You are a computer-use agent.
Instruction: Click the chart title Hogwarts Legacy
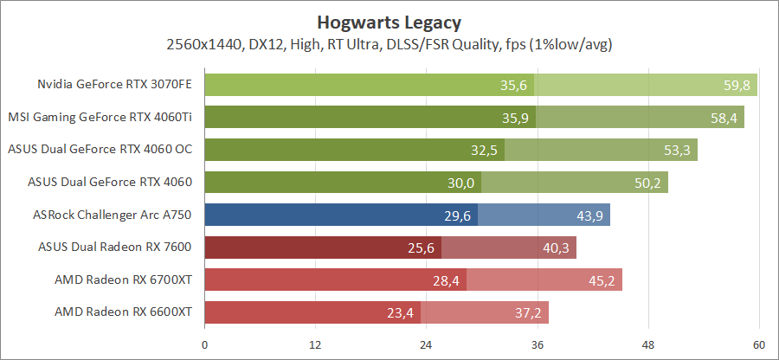click(x=389, y=21)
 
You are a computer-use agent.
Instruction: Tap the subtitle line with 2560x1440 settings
click(x=389, y=43)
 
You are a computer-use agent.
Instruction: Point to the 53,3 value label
click(x=678, y=150)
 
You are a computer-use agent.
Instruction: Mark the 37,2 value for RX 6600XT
click(x=530, y=312)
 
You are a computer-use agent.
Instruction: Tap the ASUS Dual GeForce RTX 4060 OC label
click(x=100, y=150)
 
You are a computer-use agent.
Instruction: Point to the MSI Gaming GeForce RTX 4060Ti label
click(x=100, y=117)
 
